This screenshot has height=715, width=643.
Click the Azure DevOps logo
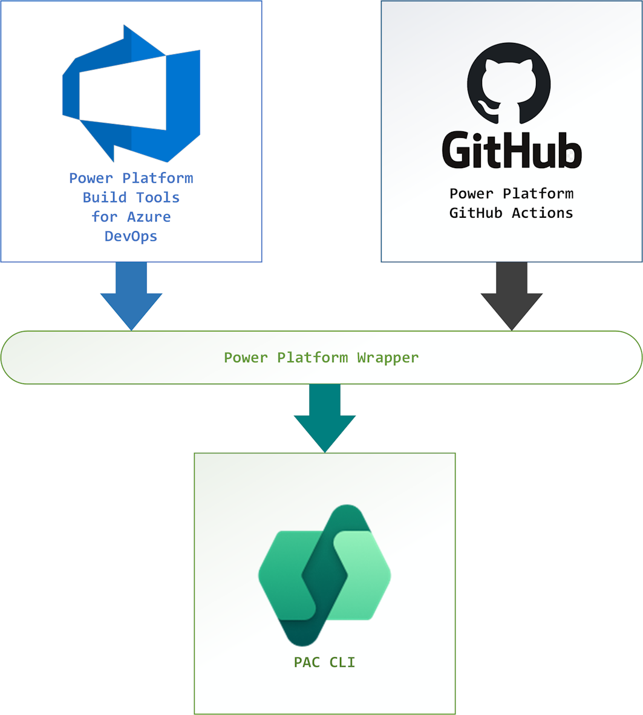(x=131, y=94)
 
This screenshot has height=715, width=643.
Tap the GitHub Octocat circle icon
(x=509, y=83)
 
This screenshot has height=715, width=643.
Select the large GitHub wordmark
(x=512, y=149)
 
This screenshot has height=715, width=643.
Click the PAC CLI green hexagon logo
(x=324, y=575)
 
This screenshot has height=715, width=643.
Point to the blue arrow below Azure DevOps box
(x=131, y=296)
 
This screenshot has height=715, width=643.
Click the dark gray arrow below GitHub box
(x=512, y=296)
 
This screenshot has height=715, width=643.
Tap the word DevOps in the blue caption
(x=131, y=237)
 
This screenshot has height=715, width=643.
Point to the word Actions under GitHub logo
(x=543, y=213)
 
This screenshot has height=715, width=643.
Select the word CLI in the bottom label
(x=342, y=662)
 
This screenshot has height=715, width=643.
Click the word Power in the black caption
(x=471, y=194)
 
